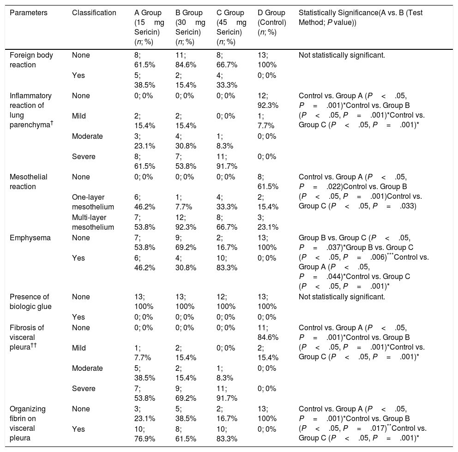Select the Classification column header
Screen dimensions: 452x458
pyautogui.click(x=94, y=12)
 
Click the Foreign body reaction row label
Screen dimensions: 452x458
pyautogui.click(x=31, y=60)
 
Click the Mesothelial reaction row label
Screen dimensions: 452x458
pyautogui.click(x=28, y=181)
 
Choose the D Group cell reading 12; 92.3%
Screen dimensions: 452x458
pyautogui.click(x=268, y=101)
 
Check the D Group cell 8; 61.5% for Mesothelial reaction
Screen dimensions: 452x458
pyautogui.click(x=268, y=181)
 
